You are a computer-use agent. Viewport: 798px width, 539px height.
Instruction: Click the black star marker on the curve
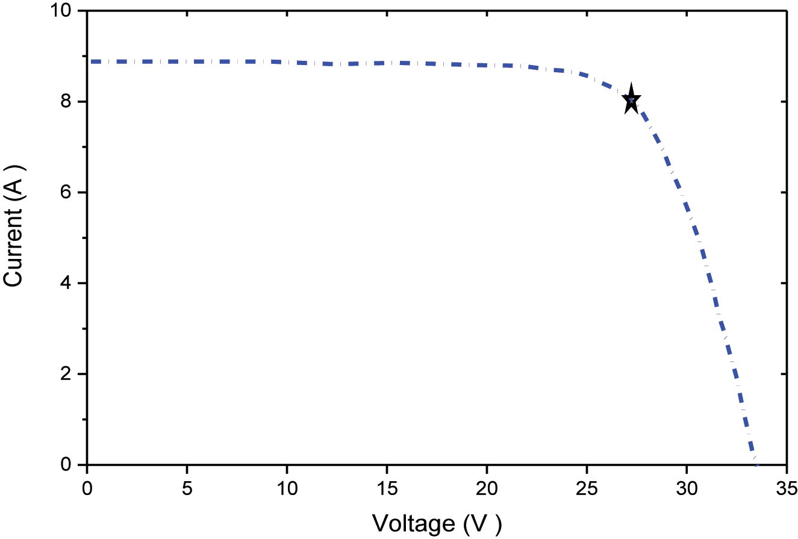click(631, 101)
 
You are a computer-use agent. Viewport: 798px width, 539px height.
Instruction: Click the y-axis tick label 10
click(61, 11)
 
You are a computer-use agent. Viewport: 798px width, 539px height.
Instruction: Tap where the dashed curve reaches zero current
click(755, 464)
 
